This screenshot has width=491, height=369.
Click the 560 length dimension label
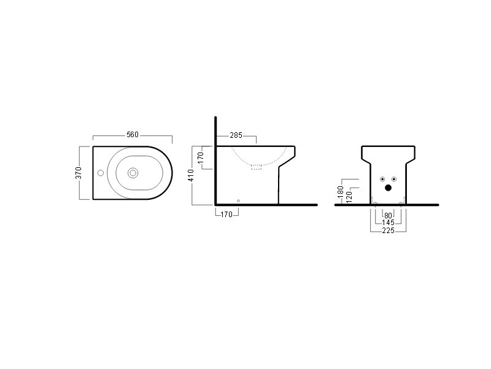(133, 135)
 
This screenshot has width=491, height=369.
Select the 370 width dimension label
(79, 173)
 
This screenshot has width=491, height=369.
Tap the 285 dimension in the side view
(236, 135)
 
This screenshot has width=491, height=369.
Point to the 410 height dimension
(191, 175)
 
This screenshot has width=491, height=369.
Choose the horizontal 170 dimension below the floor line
(226, 215)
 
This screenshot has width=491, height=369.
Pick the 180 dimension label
(341, 192)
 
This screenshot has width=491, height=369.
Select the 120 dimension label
(350, 197)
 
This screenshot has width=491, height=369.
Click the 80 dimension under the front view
(388, 216)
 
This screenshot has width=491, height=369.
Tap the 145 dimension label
(389, 223)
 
